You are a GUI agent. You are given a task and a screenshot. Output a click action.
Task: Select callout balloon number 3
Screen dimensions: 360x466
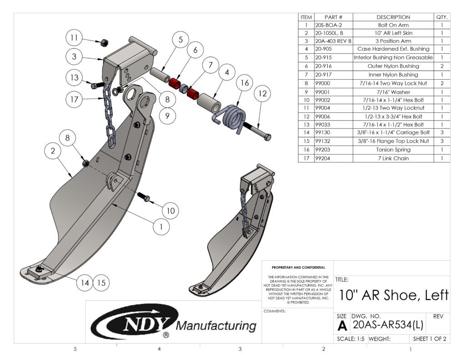[74, 57]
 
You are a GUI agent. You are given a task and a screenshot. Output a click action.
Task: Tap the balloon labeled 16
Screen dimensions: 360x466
[245, 83]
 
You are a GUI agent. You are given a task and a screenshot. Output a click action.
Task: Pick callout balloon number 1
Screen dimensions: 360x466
[161, 225]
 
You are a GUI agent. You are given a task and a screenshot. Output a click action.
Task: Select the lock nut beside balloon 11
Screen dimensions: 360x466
[103, 42]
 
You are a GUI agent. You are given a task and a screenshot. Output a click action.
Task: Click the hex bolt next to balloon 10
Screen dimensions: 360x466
[143, 197]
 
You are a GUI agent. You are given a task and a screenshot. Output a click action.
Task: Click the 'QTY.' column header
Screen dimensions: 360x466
[442, 17]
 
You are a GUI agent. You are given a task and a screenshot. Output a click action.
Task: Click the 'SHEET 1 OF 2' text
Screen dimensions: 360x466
[429, 339]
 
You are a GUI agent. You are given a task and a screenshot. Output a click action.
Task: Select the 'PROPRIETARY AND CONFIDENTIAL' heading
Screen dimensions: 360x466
[298, 268]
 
